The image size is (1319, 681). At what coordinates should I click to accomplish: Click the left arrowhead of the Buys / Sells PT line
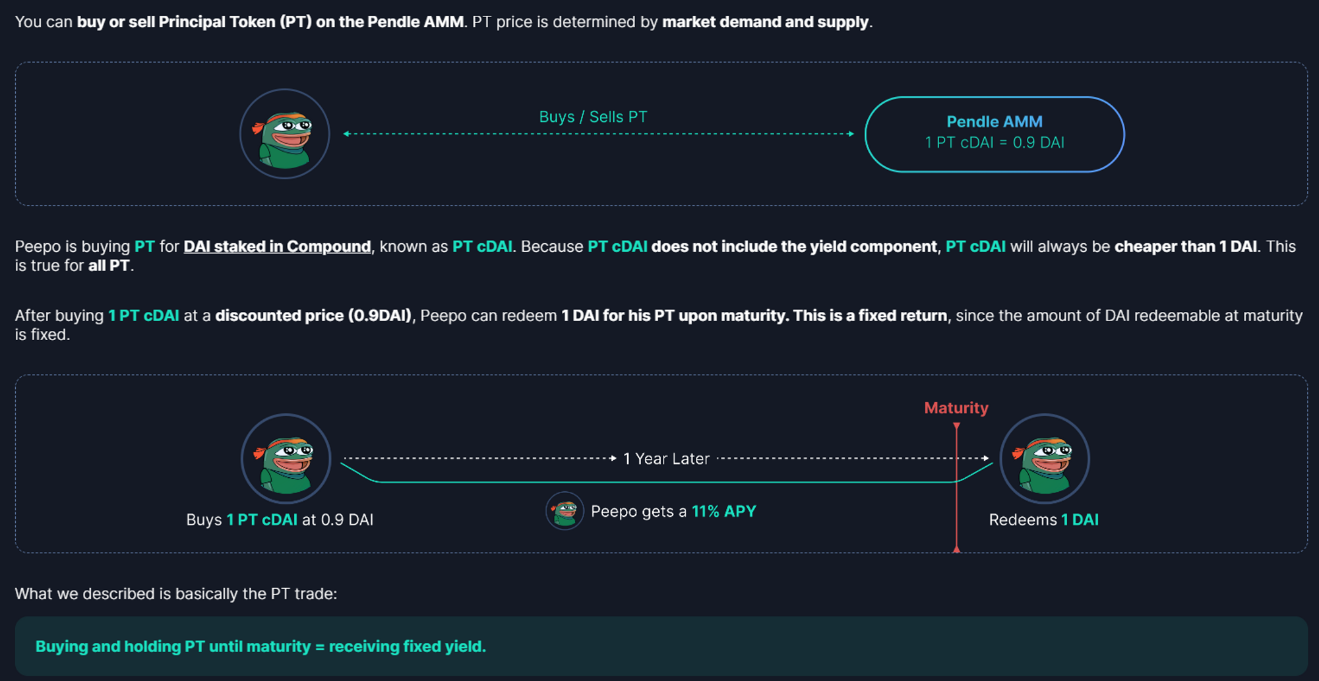pos(346,134)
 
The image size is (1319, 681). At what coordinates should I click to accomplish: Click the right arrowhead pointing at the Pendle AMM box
pos(851,134)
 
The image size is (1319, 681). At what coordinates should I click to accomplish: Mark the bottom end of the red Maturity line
pos(956,549)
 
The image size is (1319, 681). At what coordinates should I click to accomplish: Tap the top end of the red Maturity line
pos(956,426)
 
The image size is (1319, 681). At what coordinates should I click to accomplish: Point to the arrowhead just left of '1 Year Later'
pos(613,458)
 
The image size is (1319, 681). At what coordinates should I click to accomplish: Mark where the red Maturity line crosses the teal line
pos(956,482)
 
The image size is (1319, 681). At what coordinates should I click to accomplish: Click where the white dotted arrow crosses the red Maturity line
pos(956,458)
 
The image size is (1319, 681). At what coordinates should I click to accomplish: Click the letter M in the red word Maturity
pos(931,408)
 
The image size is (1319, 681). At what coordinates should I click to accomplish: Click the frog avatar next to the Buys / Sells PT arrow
pos(284,134)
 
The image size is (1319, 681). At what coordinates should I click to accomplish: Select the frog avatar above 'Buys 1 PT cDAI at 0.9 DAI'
pos(286,459)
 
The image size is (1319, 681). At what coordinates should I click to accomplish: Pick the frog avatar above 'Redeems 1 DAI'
pos(1045,459)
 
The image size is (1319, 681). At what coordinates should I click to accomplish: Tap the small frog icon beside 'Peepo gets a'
pos(565,511)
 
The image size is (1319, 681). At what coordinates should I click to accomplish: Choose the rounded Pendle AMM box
pos(995,134)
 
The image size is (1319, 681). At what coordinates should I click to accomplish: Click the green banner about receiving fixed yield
pos(661,646)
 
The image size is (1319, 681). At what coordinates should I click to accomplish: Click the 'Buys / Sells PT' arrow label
pos(593,117)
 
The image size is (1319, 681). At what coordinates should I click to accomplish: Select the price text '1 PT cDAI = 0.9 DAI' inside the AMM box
pos(995,142)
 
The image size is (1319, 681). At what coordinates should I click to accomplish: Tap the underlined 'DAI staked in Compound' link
pos(277,247)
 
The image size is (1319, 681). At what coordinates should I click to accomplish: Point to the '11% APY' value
pos(723,511)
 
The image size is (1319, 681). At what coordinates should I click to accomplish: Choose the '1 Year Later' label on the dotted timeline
pos(666,459)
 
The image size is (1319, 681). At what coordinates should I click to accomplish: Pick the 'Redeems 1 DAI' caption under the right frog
pos(1044,519)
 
